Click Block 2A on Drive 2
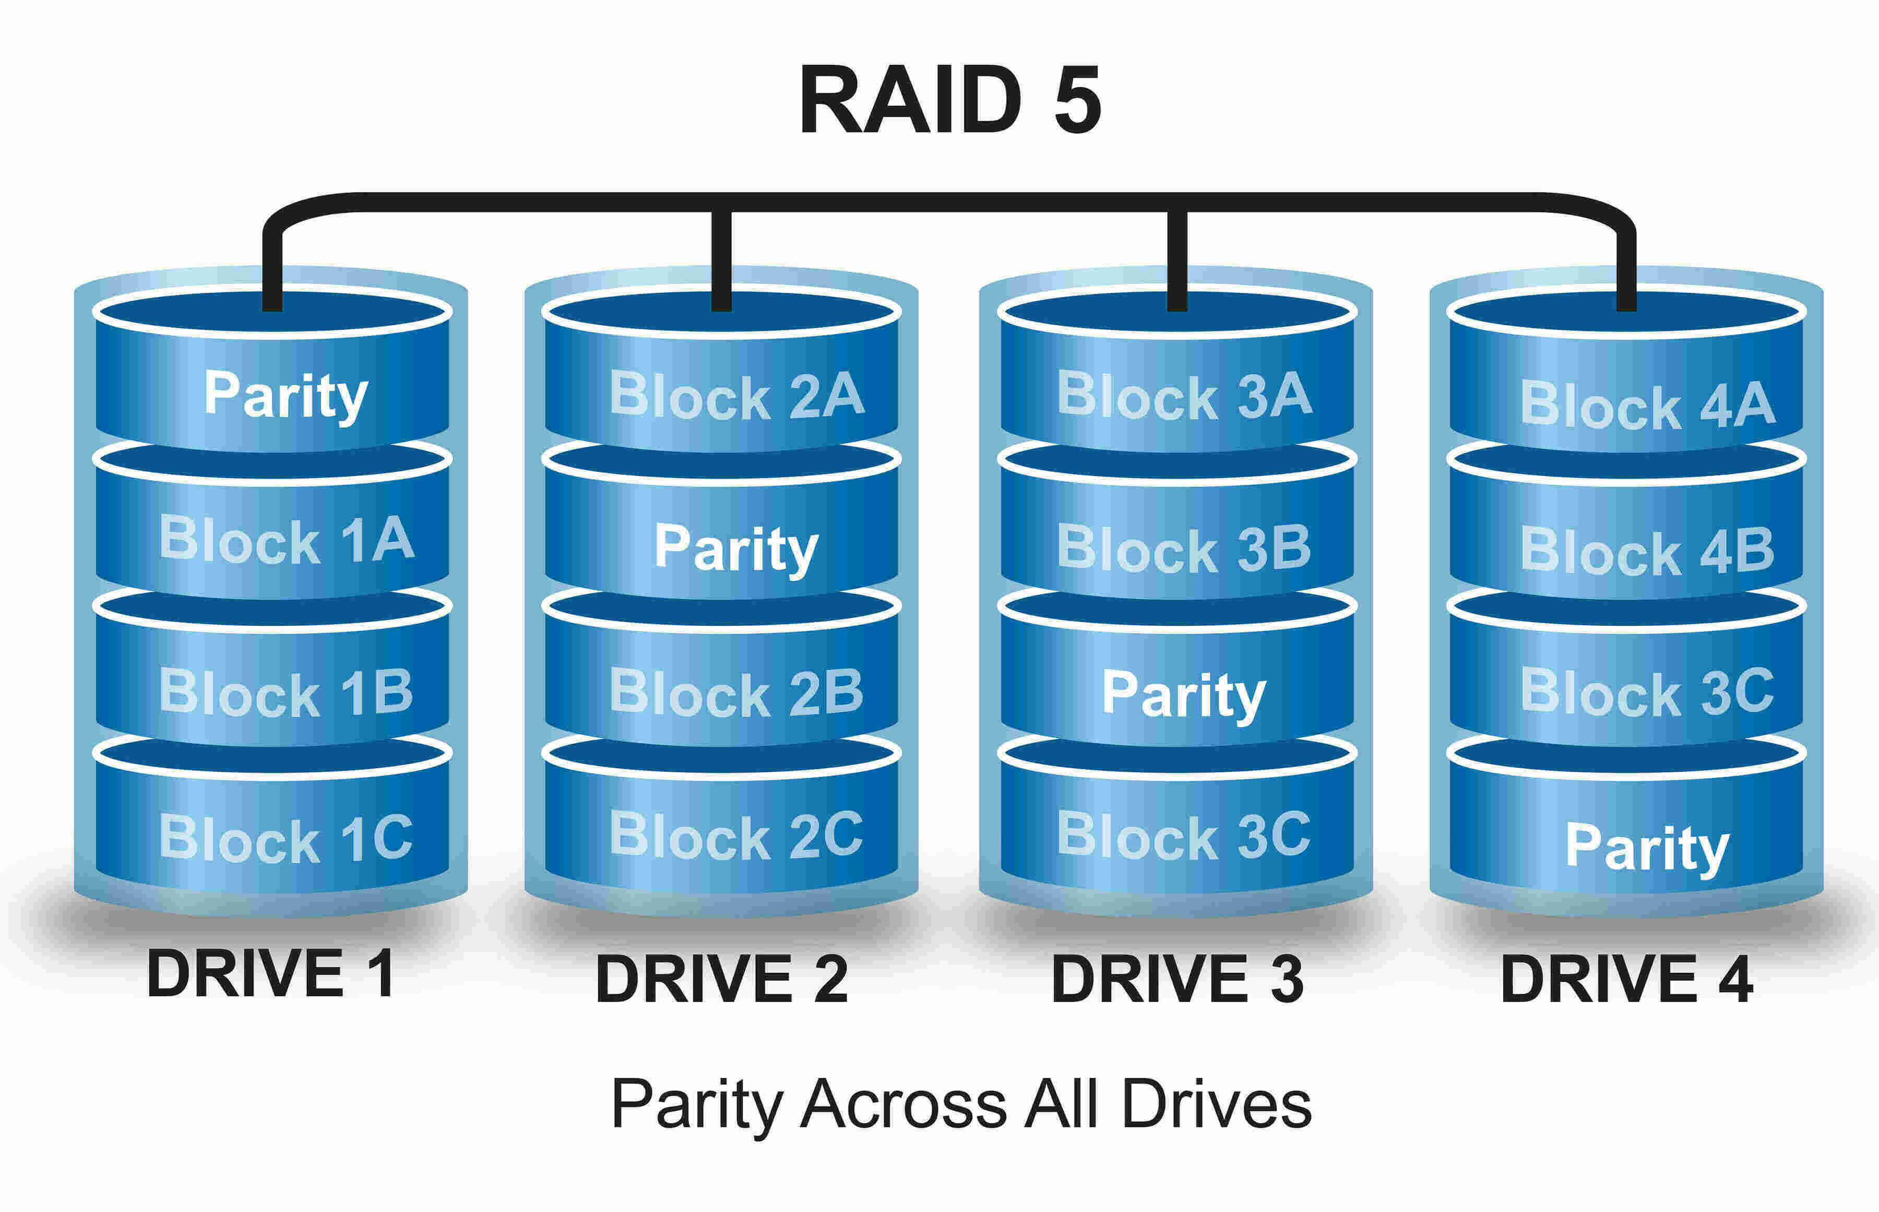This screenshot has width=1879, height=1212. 736,395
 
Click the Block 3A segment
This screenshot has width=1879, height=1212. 1184,395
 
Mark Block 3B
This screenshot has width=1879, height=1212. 1184,547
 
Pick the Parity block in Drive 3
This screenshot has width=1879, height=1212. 1184,694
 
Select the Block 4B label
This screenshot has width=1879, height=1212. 1647,549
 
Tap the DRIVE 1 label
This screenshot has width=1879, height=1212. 270,975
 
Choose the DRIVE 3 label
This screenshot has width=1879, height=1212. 1178,979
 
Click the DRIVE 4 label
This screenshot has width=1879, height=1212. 1626,979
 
